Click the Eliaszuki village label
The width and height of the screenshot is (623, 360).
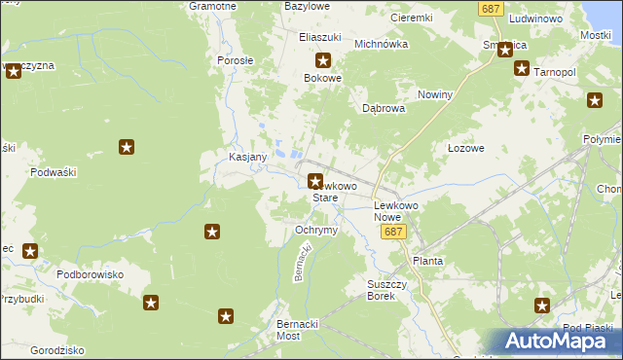click(319, 37)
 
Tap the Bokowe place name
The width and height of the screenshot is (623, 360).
click(323, 78)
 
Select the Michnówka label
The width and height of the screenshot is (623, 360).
click(380, 44)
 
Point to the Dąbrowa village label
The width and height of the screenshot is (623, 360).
click(384, 109)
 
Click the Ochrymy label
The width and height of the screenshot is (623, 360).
click(315, 230)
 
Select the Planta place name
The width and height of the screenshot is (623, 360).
click(428, 261)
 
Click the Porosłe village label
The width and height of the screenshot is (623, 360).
click(235, 60)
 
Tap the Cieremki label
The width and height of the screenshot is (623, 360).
click(411, 18)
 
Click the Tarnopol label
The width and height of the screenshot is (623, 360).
click(556, 73)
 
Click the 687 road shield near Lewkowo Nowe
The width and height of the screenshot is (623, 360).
click(392, 233)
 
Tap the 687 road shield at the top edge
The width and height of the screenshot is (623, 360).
click(492, 8)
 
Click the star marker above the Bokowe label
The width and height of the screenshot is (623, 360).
click(322, 60)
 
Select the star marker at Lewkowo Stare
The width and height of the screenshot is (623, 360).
click(315, 180)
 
